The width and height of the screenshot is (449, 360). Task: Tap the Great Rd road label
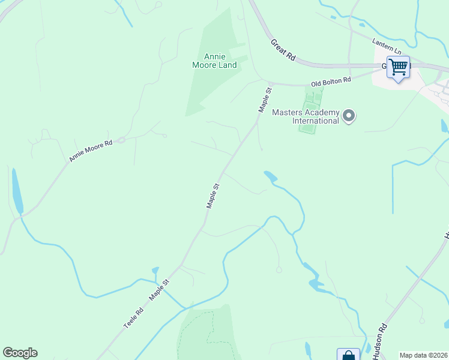click(x=283, y=50)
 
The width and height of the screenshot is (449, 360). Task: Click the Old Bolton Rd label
click(x=331, y=81)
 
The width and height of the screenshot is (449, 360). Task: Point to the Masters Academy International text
click(x=306, y=116)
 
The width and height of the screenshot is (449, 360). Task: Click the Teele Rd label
click(x=134, y=317)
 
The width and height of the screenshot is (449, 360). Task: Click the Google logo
click(x=20, y=353)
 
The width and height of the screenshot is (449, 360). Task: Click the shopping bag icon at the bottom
click(x=348, y=355)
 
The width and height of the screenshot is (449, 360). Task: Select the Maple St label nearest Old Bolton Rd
click(x=265, y=100)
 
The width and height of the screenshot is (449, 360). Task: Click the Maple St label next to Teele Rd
click(x=160, y=289)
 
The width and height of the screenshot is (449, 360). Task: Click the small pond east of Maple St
click(x=270, y=176)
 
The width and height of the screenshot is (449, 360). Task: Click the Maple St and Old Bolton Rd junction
click(x=271, y=83)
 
